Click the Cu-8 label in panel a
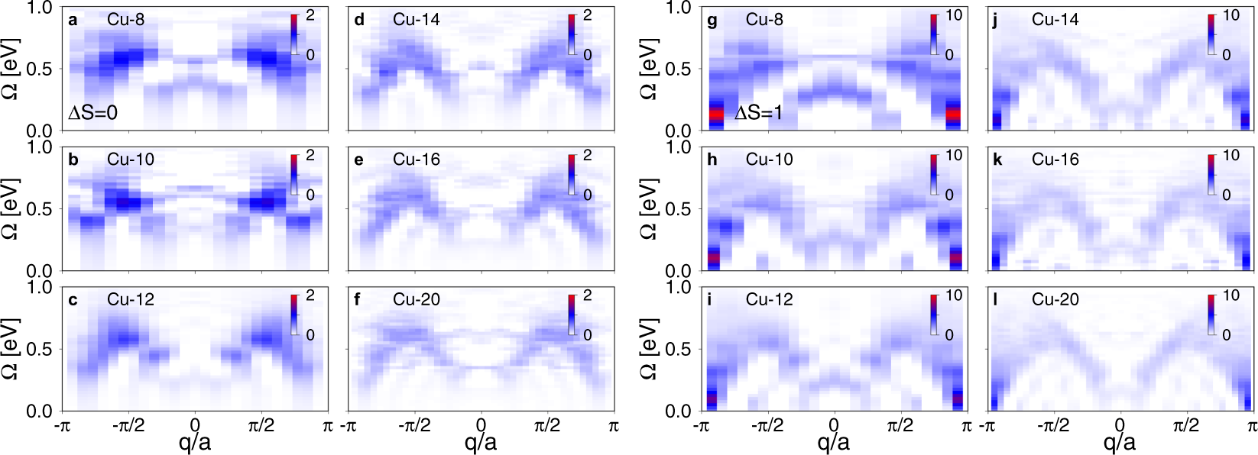[125, 20]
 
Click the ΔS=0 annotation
[93, 113]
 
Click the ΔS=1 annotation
[759, 113]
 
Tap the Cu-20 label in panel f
[417, 299]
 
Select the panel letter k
[998, 160]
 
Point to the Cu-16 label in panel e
[417, 160]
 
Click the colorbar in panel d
[572, 34]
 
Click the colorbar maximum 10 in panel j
[1231, 15]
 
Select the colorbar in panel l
[1211, 315]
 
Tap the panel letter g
[712, 20]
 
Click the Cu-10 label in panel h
[769, 160]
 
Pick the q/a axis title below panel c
[194, 441]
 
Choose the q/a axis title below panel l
[1119, 441]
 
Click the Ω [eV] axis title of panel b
[10, 208]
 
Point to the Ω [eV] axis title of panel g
[648, 69]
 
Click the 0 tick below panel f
[481, 425]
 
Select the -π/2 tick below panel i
[767, 425]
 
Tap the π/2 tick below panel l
[1185, 425]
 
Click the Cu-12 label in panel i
[769, 299]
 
